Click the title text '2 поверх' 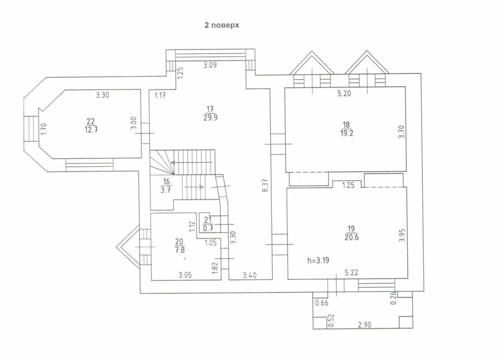pyautogui.click(x=222, y=25)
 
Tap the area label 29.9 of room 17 pyautogui.click(x=210, y=118)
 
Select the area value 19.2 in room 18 pyautogui.click(x=347, y=133)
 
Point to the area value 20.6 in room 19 pyautogui.click(x=351, y=237)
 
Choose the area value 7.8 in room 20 pyautogui.click(x=179, y=250)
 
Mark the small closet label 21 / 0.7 pyautogui.click(x=208, y=224)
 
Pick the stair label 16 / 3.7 pyautogui.click(x=166, y=186)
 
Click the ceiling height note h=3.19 pyautogui.click(x=318, y=260)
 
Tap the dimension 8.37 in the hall pyautogui.click(x=266, y=185)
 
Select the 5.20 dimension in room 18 pyautogui.click(x=344, y=94)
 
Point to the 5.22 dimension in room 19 pyautogui.click(x=351, y=272)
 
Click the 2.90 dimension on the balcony pyautogui.click(x=365, y=324)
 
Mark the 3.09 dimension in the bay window pyautogui.click(x=210, y=65)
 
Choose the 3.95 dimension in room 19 pyautogui.click(x=402, y=235)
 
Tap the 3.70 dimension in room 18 pyautogui.click(x=401, y=132)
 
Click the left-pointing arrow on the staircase pyautogui.click(x=191, y=163)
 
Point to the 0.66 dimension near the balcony pyautogui.click(x=322, y=303)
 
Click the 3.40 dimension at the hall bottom pyautogui.click(x=249, y=275)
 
